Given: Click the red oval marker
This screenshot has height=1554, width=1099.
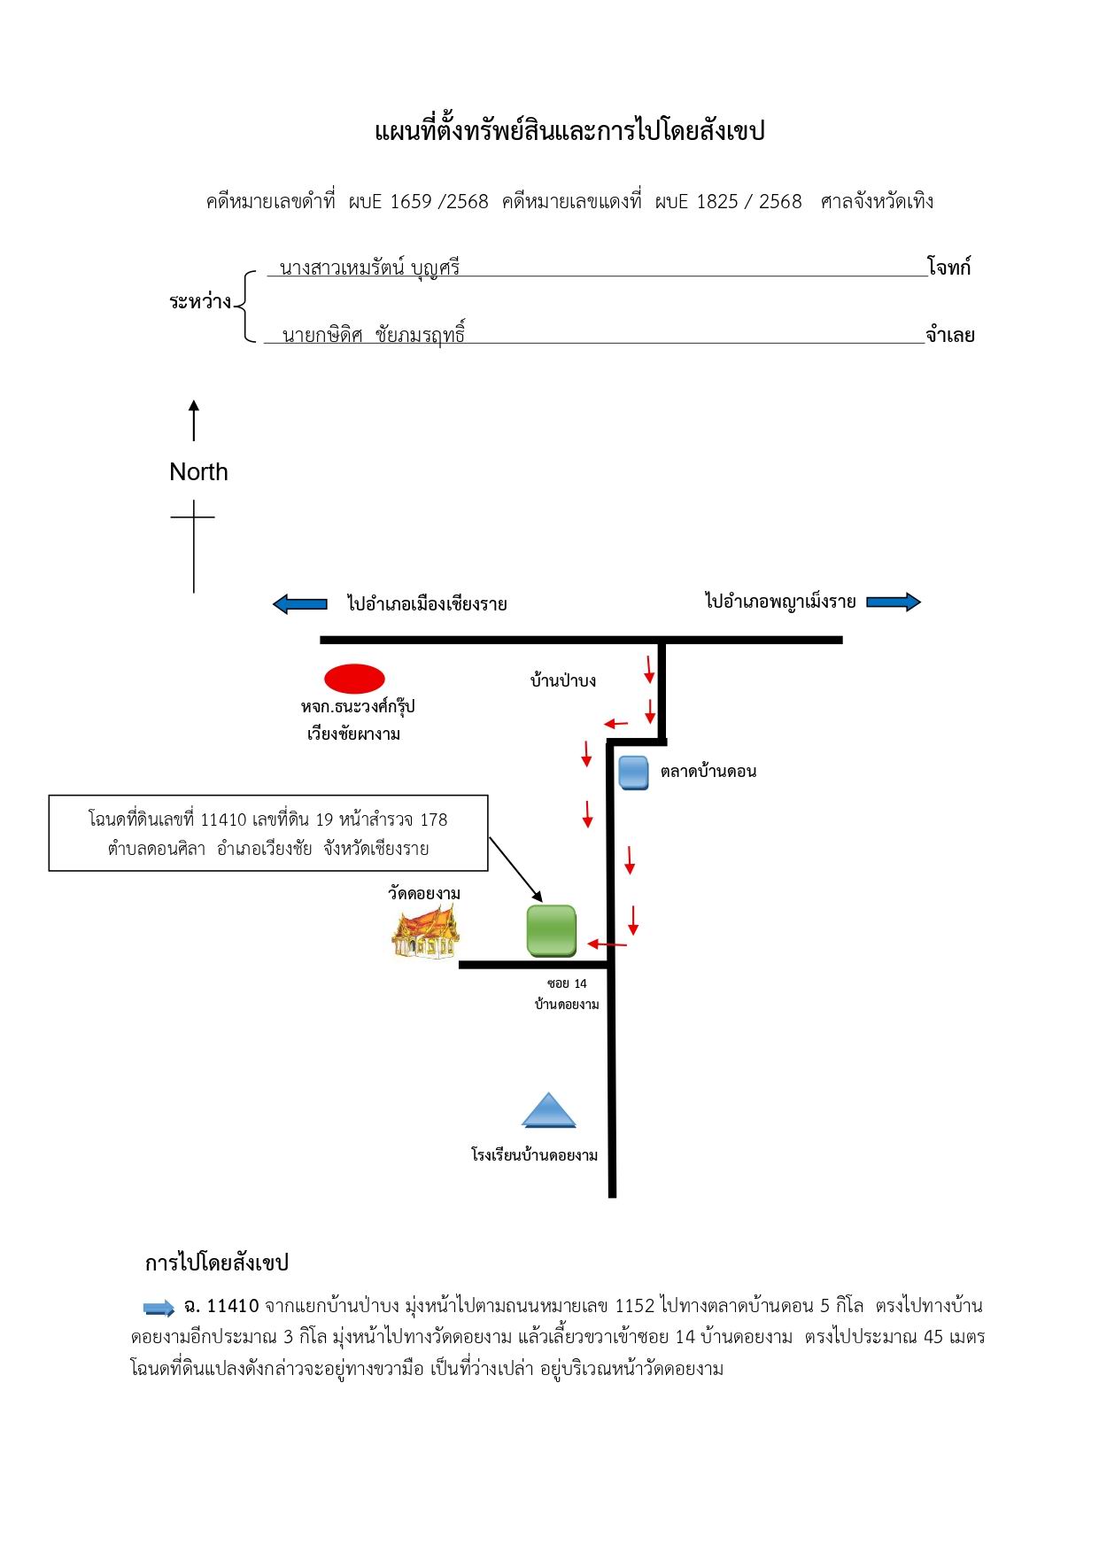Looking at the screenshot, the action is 354,679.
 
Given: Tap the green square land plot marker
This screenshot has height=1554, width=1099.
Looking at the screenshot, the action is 552,931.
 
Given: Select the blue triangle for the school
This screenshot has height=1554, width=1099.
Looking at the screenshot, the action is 549,1110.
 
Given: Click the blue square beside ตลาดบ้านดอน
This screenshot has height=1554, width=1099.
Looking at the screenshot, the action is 633,772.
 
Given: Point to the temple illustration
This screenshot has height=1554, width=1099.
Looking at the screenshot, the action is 426,932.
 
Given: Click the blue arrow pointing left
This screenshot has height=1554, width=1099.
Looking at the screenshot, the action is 300,604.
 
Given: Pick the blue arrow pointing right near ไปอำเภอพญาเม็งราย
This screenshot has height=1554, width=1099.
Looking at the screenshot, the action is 894,602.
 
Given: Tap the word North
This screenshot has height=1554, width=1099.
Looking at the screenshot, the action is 198,472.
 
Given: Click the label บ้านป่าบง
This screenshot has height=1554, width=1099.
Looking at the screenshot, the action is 563,681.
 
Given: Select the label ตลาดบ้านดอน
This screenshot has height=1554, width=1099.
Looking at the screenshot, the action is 708,771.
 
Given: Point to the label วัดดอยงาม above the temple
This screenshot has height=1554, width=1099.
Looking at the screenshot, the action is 424,893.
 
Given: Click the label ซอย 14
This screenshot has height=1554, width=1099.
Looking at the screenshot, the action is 567,983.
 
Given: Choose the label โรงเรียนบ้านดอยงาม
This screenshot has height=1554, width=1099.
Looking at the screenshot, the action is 535,1155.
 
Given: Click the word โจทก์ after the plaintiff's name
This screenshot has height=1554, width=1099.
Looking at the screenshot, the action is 949,267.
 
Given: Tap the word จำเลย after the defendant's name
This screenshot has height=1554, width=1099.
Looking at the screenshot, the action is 950,335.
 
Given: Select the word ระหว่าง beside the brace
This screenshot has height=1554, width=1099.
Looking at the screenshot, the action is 200,302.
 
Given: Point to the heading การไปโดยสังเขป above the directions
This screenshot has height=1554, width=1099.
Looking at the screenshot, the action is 217,1263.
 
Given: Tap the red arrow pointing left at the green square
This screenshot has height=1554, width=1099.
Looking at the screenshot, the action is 608,944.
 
